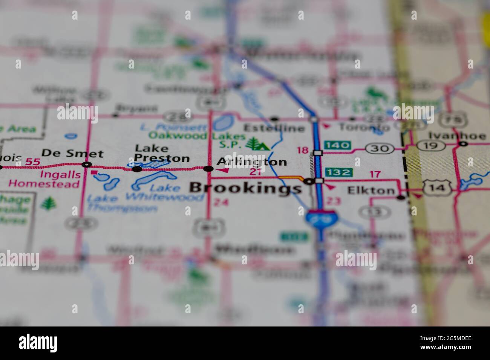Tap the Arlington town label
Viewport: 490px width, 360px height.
pyautogui.click(x=251, y=162)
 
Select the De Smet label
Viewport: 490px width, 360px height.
pyautogui.click(x=72, y=154)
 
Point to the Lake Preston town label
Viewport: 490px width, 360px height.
pyautogui.click(x=162, y=153)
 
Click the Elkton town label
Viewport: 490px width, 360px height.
pyautogui.click(x=371, y=191)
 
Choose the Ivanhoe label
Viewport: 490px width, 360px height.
pyautogui.click(x=457, y=136)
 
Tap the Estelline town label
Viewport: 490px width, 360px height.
pyautogui.click(x=274, y=128)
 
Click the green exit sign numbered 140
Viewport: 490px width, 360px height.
pyautogui.click(x=337, y=145)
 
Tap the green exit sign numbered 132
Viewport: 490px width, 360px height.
pyautogui.click(x=338, y=172)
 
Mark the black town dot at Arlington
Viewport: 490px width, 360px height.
pyautogui.click(x=208, y=169)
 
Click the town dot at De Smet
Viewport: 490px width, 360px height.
pyautogui.click(x=87, y=165)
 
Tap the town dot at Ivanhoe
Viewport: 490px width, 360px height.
pyautogui.click(x=463, y=143)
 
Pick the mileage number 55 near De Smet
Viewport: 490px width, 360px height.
pyautogui.click(x=32, y=162)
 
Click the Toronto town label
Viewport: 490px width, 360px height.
pyautogui.click(x=364, y=127)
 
